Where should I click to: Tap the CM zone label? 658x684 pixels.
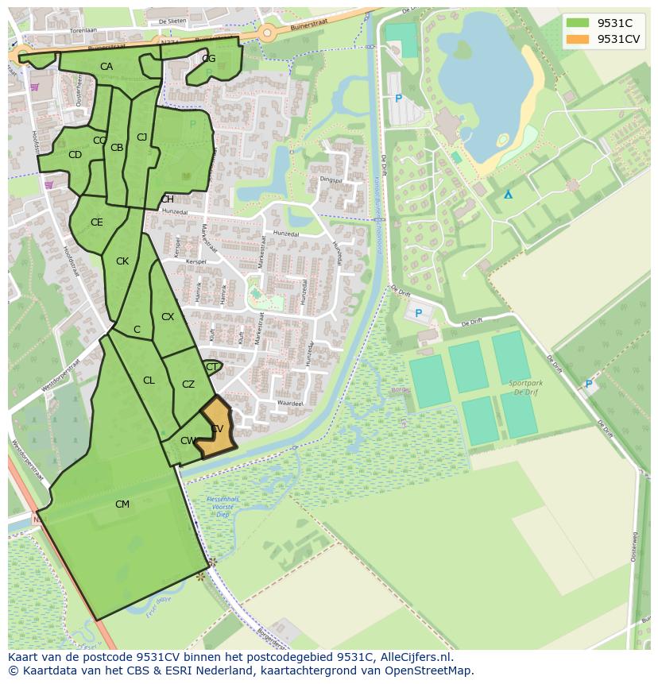pos(122,504)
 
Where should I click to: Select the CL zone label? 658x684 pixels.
pos(149,381)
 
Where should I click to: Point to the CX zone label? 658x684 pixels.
pos(168,317)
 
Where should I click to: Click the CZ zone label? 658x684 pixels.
pos(188,385)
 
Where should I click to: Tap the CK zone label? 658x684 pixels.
pos(122,261)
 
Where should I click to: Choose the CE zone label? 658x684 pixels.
pos(96,222)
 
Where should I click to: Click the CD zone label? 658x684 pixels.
pos(75,155)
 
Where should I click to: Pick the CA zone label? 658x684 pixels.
pos(106,67)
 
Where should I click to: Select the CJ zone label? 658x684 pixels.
pos(141,137)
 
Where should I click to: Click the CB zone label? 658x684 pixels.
pos(117,148)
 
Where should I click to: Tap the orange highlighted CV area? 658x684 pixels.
pos(215,430)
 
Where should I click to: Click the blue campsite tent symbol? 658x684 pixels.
pos(508,194)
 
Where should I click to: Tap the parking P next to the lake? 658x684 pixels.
pos(398,99)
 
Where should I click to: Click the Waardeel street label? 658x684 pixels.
pos(290,404)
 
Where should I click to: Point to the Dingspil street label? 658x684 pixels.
pos(330,180)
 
